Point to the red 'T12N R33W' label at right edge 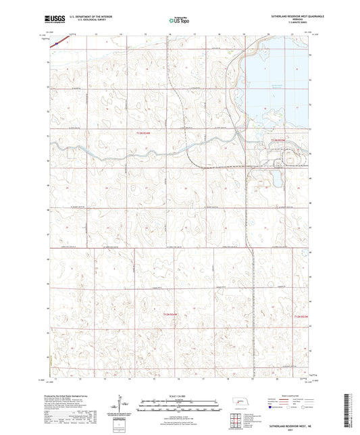301,316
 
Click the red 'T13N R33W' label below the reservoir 279,138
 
